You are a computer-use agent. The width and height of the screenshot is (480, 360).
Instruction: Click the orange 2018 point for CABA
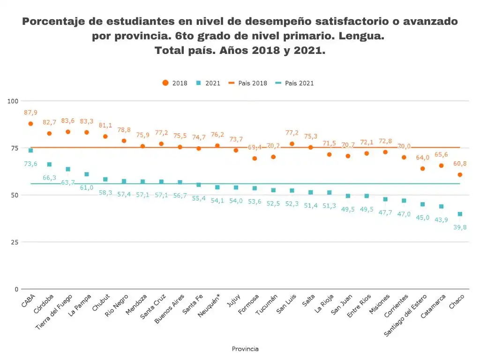point(30,124)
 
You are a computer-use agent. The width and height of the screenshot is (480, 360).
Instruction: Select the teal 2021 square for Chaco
point(460,214)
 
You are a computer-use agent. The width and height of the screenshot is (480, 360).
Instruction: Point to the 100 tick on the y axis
point(13,101)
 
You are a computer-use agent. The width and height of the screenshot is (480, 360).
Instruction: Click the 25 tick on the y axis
point(15,242)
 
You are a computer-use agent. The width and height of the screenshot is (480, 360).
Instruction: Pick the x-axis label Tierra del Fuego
point(54,312)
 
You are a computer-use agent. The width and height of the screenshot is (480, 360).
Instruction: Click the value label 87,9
point(30,112)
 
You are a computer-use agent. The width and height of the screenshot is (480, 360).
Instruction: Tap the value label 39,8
point(459,227)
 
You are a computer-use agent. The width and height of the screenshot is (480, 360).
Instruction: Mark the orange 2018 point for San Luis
point(292,144)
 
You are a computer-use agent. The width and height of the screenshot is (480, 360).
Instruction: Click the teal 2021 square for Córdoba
point(49,165)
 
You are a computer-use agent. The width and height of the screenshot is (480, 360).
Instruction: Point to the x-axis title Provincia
point(245,349)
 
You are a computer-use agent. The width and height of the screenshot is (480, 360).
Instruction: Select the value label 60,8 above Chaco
point(459,164)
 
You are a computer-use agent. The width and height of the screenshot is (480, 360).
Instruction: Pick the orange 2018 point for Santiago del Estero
point(422,169)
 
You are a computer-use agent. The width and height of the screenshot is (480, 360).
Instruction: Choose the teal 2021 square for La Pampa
point(87,174)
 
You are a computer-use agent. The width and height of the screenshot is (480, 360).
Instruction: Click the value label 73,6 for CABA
point(30,164)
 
